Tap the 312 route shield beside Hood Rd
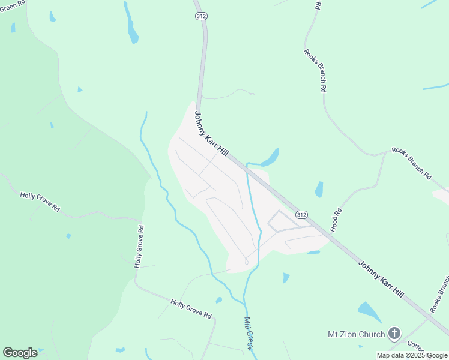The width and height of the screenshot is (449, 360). (x=301, y=214)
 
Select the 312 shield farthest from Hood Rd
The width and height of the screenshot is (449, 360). (x=201, y=16)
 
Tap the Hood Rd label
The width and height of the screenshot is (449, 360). (x=336, y=220)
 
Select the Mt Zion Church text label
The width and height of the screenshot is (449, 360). (x=355, y=334)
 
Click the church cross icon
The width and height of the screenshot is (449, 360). (x=394, y=333)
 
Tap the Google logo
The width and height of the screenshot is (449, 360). (x=20, y=353)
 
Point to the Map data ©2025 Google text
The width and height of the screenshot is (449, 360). (x=412, y=355)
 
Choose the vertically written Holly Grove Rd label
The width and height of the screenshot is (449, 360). (x=139, y=246)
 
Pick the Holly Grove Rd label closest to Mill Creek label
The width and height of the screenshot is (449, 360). (x=191, y=308)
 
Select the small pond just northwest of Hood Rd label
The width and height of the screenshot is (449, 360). (x=319, y=189)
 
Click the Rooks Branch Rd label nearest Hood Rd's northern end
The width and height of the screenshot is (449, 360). (x=411, y=163)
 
